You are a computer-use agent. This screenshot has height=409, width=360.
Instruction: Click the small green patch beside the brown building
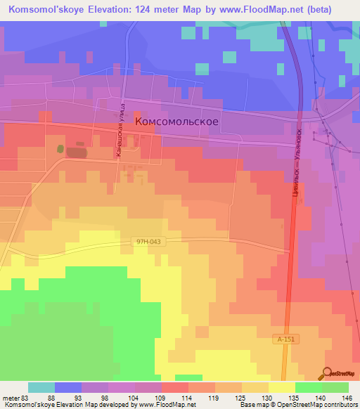point(60,149)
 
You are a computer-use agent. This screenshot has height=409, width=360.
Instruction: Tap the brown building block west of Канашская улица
point(76,151)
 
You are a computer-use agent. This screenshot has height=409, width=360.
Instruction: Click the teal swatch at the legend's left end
point(41,387)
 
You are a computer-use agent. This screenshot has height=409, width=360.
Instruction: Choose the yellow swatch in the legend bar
point(281,387)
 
